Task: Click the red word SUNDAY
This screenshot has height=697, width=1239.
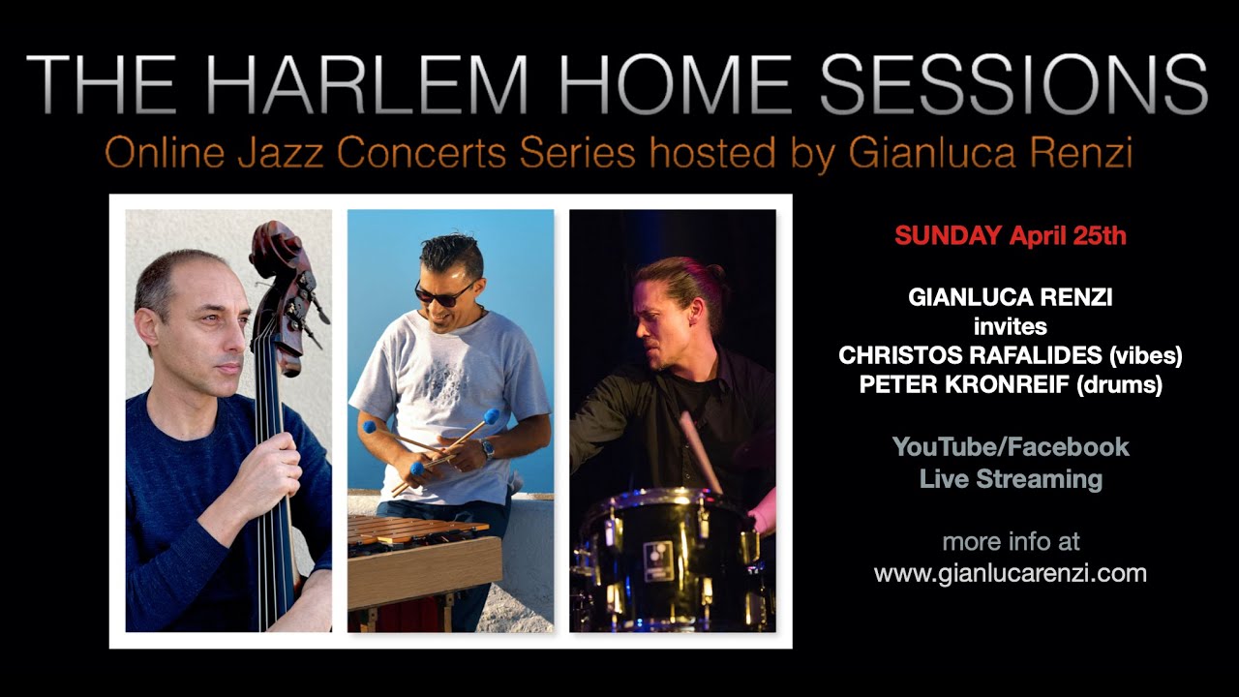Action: click(x=948, y=235)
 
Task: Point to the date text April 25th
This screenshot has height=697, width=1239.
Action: click(x=1068, y=235)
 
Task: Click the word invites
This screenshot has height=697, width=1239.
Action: click(x=1010, y=327)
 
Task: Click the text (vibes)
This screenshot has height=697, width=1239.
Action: click(x=1143, y=356)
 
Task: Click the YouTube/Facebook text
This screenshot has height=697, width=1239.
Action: click(x=1011, y=446)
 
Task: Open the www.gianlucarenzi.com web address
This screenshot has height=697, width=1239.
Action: click(x=1011, y=572)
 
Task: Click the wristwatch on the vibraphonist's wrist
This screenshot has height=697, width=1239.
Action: click(x=488, y=449)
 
